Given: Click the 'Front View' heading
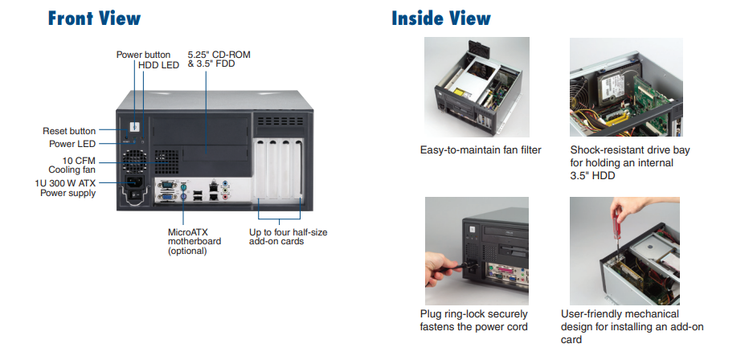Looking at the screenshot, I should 94,18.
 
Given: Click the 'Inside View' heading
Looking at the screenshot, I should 440,18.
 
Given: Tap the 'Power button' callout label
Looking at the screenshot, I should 143,55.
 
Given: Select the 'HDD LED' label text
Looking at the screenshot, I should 158,65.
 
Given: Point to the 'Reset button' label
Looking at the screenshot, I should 69,131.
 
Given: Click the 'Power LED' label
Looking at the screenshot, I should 72,144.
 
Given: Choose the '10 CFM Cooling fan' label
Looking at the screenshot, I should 73,164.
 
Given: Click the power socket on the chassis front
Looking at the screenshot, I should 133,192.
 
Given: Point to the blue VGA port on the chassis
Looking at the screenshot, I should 167,194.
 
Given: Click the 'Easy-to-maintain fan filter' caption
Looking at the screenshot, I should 481,149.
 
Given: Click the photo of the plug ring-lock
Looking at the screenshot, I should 477,247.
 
